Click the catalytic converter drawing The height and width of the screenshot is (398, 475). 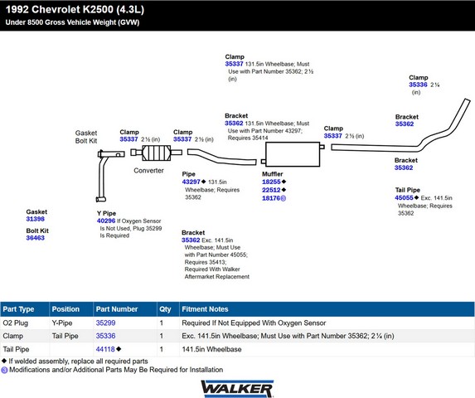(x=157, y=153)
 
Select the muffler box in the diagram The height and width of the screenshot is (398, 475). (x=293, y=154)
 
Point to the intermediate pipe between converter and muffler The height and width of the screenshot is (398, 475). (x=221, y=158)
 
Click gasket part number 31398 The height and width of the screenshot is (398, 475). (x=35, y=219)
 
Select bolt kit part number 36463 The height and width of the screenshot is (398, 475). (x=35, y=238)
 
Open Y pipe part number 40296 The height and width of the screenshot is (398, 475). (x=106, y=221)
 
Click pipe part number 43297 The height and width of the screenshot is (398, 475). (x=191, y=182)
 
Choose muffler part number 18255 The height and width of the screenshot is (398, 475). (x=271, y=182)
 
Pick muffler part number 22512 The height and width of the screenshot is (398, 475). (x=271, y=190)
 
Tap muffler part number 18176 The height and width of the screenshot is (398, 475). (x=271, y=198)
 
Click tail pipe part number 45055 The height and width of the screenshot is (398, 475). (x=404, y=198)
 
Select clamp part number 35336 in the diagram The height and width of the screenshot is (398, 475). (x=418, y=85)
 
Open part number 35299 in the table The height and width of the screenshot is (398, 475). (x=106, y=323)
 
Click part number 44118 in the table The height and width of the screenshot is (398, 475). (x=105, y=349)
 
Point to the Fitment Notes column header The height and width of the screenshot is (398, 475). (x=205, y=309)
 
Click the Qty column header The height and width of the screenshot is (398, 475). (x=165, y=309)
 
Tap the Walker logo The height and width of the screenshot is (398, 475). (x=237, y=389)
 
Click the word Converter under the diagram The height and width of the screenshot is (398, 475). (x=148, y=171)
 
